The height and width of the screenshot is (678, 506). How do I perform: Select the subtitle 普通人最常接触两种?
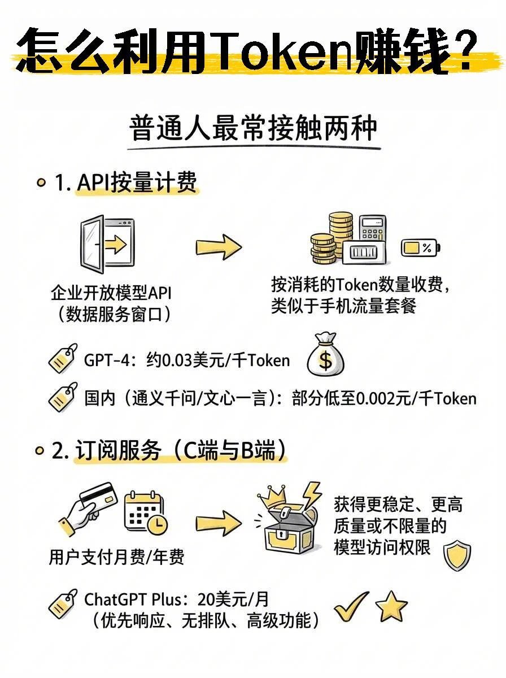[x=254, y=128]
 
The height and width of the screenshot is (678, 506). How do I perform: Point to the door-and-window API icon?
[x=107, y=242]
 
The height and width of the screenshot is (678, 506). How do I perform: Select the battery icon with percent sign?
[x=421, y=247]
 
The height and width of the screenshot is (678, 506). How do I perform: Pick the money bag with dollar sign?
[x=325, y=356]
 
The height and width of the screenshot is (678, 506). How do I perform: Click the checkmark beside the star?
[x=351, y=608]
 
